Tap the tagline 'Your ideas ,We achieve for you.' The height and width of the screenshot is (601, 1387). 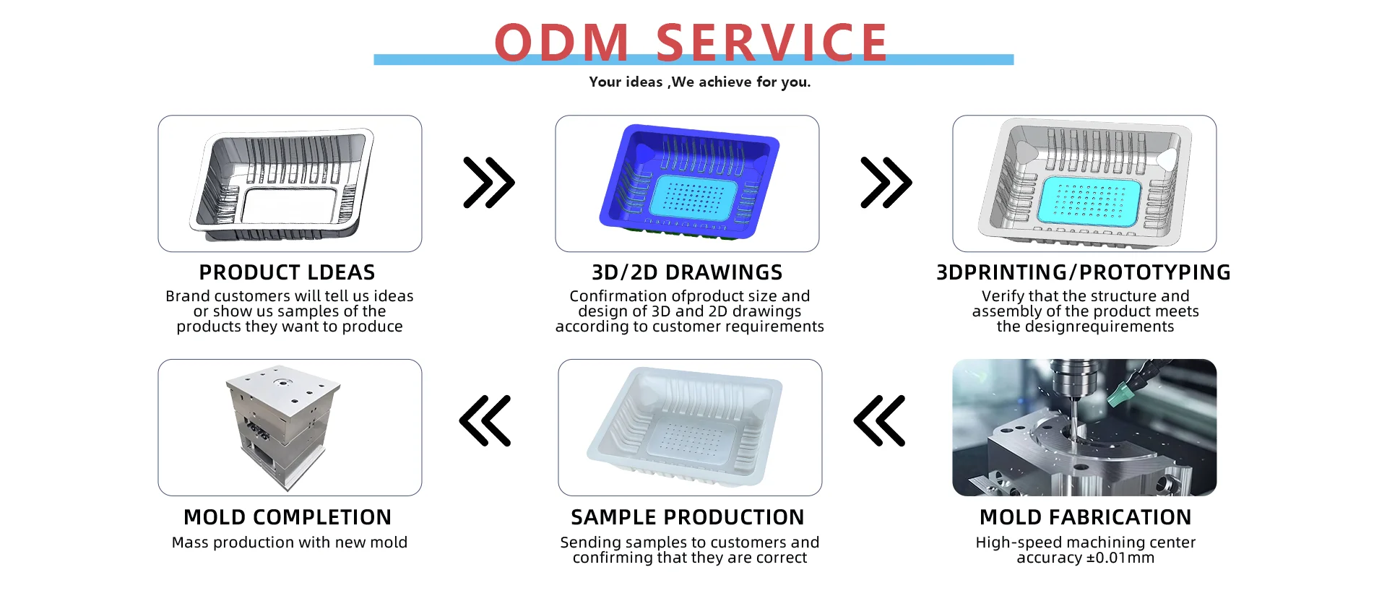tap(699, 82)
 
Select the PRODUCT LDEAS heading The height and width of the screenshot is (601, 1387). tap(287, 272)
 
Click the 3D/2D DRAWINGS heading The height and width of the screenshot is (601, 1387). tap(687, 272)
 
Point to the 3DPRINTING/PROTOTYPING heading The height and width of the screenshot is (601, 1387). tap(1084, 272)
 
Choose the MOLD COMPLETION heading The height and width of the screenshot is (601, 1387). tap(288, 517)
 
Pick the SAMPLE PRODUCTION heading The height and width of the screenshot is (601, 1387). tap(687, 517)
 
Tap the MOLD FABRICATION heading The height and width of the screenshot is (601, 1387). tap(1085, 517)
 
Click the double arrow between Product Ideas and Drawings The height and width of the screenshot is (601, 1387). tap(489, 183)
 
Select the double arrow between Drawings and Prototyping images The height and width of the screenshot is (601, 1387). tap(886, 183)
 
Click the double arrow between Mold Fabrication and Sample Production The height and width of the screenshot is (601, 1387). tap(879, 420)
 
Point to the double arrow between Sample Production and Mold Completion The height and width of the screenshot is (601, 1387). tap(485, 420)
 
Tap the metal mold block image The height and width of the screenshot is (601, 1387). tap(284, 428)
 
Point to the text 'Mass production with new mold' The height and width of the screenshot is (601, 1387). tap(290, 542)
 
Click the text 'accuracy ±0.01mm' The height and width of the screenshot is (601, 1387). tap(1085, 558)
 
